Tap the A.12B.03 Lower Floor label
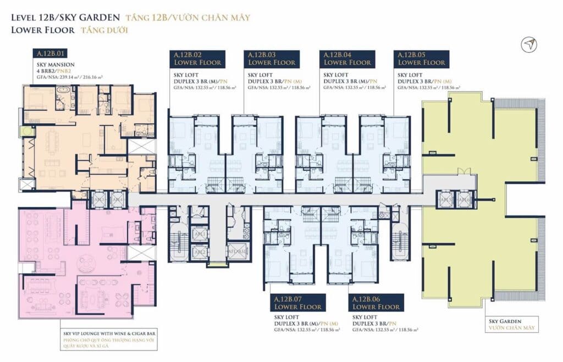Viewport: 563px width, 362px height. (x=272, y=58)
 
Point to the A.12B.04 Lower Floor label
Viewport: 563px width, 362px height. (x=347, y=58)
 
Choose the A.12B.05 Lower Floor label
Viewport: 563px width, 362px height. (x=421, y=58)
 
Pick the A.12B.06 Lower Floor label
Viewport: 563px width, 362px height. (x=377, y=303)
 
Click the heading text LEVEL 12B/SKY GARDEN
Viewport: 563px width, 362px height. (x=64, y=18)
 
